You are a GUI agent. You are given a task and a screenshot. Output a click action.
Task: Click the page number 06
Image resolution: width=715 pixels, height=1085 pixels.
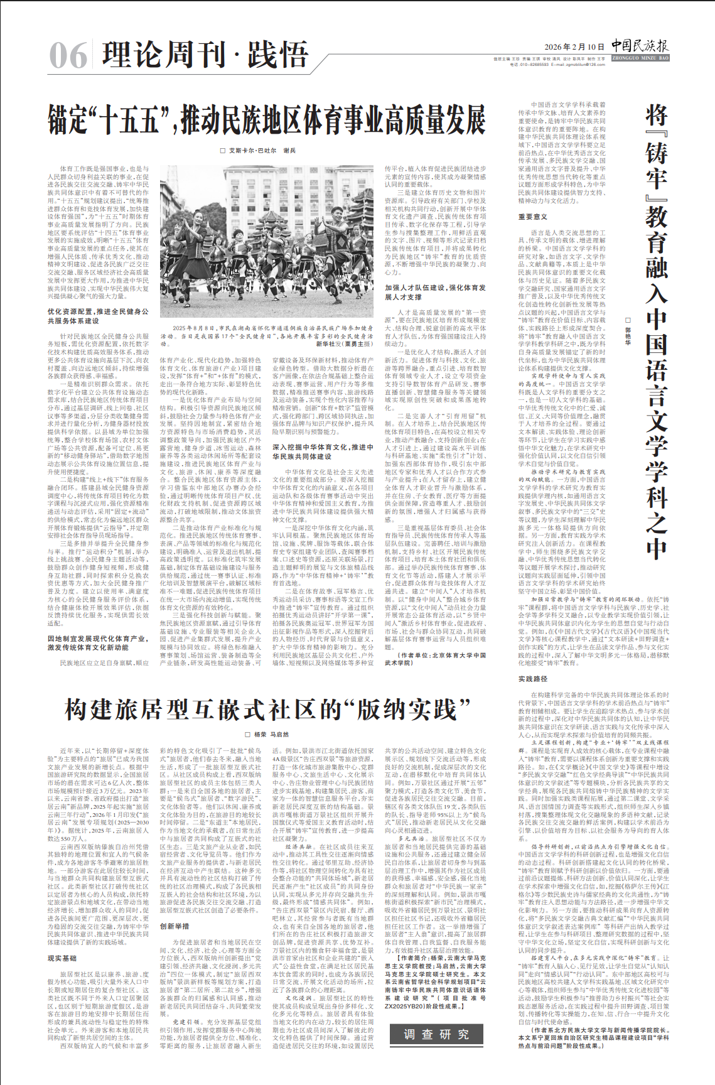click(x=68, y=55)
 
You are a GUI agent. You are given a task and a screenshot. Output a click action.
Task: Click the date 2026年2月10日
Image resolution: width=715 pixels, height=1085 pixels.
click(x=574, y=47)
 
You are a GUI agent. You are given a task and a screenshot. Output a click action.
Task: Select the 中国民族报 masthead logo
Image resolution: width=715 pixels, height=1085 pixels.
click(x=640, y=45)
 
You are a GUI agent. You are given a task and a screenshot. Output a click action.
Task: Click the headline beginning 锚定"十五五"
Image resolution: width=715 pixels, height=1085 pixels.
click(x=267, y=119)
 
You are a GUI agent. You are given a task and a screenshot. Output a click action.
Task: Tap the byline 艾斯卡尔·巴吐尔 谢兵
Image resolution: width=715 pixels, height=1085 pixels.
click(x=257, y=151)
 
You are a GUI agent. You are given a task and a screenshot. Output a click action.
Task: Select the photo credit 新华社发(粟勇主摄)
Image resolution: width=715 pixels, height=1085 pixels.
click(x=344, y=344)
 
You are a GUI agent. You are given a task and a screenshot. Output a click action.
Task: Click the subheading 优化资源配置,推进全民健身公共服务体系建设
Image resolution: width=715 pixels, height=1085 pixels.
click(x=98, y=316)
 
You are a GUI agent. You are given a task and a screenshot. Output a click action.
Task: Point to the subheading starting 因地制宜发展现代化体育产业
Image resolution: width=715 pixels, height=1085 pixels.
click(x=98, y=642)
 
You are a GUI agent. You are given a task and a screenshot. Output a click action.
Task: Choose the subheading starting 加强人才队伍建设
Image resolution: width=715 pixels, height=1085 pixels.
click(x=435, y=292)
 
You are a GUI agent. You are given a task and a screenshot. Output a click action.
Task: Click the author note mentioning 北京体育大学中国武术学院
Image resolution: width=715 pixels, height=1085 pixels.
click(x=435, y=658)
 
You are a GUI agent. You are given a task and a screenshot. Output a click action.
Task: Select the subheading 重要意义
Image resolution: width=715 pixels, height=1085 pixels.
click(x=532, y=217)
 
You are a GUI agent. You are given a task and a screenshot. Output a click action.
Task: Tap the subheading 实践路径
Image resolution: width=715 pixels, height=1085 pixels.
click(x=532, y=679)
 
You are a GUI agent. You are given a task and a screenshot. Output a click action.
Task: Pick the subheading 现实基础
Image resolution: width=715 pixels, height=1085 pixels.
click(x=62, y=958)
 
